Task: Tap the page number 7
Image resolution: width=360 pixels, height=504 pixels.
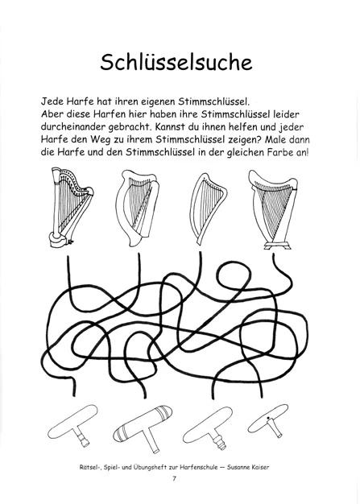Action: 173,481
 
